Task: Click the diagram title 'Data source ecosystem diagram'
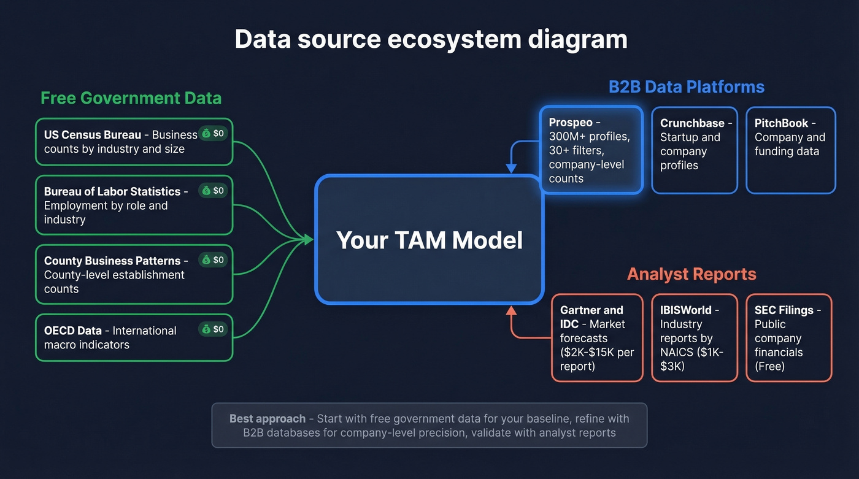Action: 431,40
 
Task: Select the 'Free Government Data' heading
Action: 131,98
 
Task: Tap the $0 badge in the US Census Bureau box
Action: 213,133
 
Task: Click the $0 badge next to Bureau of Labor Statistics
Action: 213,191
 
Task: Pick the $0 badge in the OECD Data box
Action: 213,329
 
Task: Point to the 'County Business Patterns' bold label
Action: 112,261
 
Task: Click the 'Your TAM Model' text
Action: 429,240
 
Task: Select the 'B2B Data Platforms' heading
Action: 686,86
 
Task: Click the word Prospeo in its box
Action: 571,123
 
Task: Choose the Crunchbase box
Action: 694,150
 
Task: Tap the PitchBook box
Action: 790,150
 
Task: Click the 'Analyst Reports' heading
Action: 691,274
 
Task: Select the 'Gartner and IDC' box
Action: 596,338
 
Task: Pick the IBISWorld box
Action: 694,338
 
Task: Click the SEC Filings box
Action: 788,338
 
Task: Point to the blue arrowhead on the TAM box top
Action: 510,169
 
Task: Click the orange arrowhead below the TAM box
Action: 510,311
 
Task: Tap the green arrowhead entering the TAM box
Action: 309,240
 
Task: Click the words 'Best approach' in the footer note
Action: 267,419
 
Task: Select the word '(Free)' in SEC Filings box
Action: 770,367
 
